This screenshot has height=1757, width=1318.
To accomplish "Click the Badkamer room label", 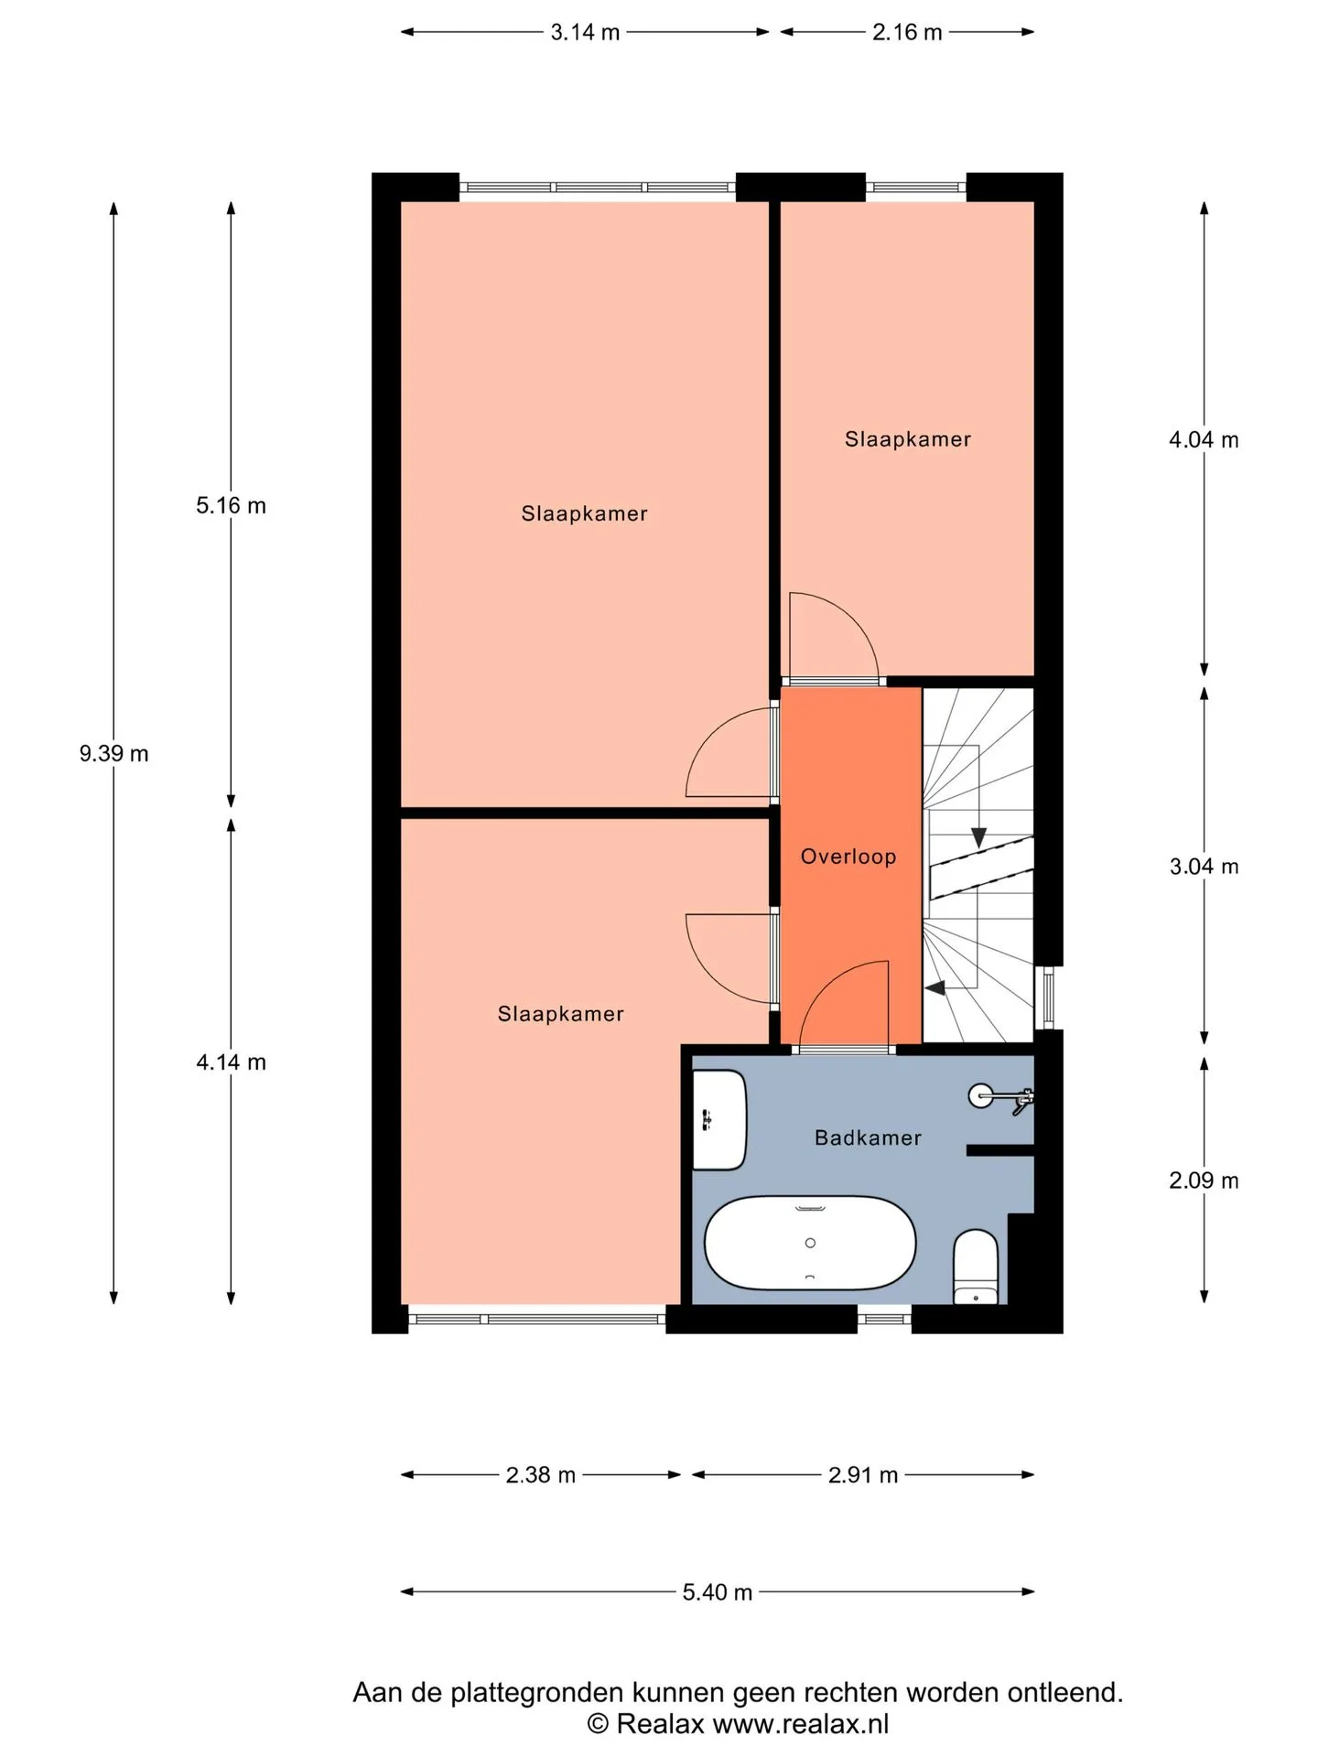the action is (x=868, y=1137).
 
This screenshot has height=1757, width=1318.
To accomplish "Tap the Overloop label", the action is (x=848, y=857).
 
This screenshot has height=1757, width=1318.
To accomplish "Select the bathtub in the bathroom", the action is (x=810, y=1243).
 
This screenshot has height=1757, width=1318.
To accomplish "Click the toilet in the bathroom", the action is (x=976, y=1267).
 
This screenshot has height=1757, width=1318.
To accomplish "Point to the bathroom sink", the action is (x=719, y=1120).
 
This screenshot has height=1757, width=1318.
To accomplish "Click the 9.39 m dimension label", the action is (x=113, y=754).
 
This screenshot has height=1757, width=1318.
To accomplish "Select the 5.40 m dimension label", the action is (x=718, y=1592).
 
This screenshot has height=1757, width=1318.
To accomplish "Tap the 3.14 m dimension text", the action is (x=585, y=33).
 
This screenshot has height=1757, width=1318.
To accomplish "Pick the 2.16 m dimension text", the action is (x=907, y=33).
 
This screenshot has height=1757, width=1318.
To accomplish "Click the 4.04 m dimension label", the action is (x=1204, y=440).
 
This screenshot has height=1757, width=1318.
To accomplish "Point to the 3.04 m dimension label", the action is (x=1204, y=867).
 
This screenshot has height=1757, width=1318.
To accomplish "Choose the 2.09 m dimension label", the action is (x=1204, y=1180).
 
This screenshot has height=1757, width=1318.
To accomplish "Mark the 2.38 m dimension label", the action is (x=541, y=1475).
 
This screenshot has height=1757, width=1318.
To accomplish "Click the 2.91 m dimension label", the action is (x=863, y=1475).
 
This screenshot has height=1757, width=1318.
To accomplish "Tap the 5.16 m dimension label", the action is (x=231, y=506).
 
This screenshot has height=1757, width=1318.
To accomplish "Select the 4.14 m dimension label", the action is (x=231, y=1062).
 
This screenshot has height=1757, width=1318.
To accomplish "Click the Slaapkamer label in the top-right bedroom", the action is (x=908, y=439).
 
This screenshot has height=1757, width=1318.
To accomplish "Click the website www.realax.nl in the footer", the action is (x=801, y=1724).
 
